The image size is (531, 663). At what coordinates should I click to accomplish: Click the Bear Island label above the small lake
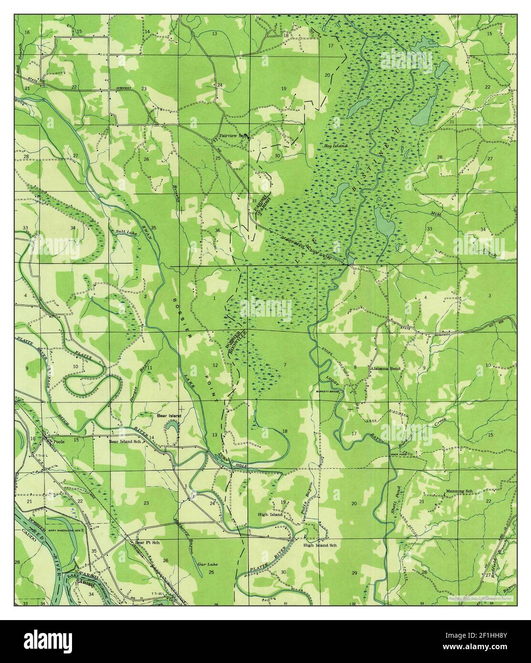click(169, 416)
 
